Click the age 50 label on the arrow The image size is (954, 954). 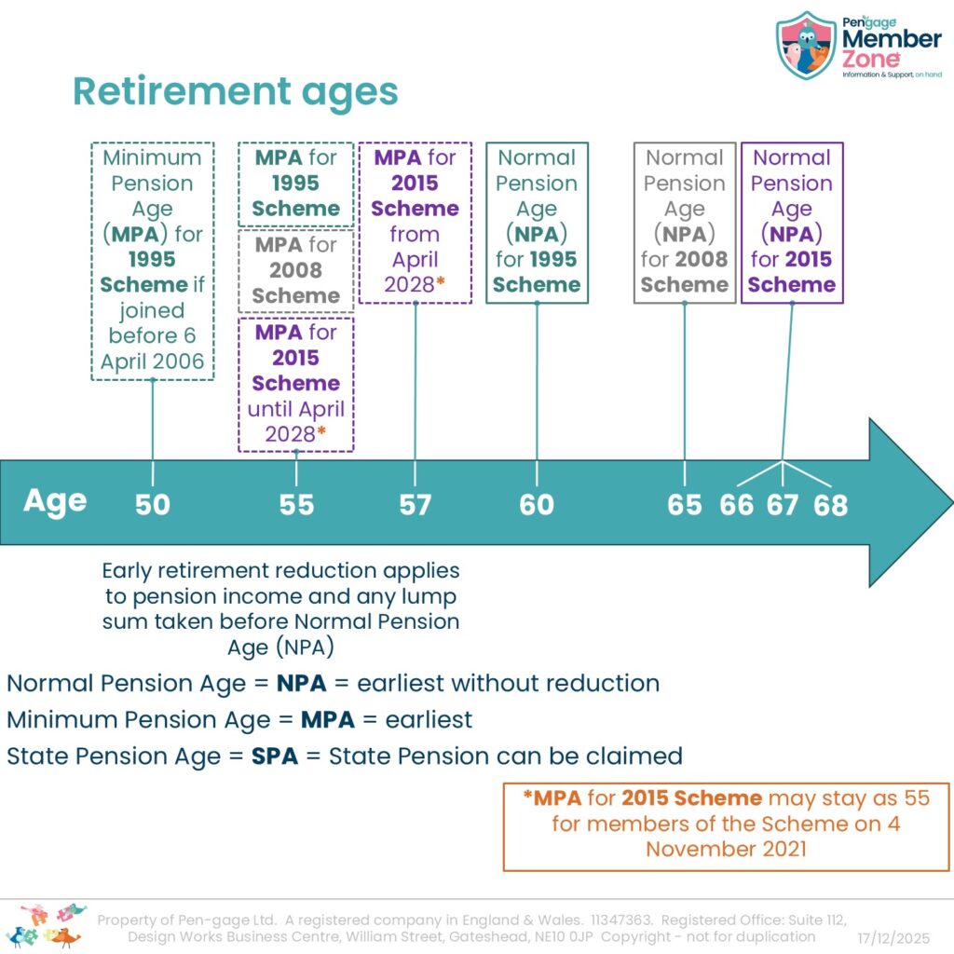click(x=152, y=505)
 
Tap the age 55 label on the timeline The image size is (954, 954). click(x=296, y=505)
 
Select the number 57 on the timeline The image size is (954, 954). click(x=415, y=505)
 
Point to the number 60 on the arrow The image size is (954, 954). click(x=537, y=505)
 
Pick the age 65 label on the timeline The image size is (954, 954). click(x=685, y=505)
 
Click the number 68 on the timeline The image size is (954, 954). click(x=830, y=505)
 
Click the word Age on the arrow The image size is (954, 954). click(x=55, y=502)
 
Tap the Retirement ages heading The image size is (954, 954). click(x=236, y=92)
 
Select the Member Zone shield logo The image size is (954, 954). click(x=806, y=45)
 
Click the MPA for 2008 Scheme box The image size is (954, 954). click(x=295, y=270)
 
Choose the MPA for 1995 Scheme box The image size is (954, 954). click(x=295, y=184)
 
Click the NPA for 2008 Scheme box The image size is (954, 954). click(x=685, y=223)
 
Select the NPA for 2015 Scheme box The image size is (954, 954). click(x=792, y=223)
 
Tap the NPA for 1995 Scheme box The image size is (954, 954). click(x=537, y=223)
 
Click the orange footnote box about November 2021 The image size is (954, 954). click(x=726, y=827)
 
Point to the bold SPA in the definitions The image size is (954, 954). click(x=275, y=756)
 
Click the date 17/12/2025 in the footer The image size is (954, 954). click(x=893, y=937)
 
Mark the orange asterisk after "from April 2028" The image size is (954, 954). click(x=441, y=281)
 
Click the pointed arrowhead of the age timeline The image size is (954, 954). click(x=952, y=502)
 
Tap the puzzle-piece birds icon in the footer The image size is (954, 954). click(x=46, y=926)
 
